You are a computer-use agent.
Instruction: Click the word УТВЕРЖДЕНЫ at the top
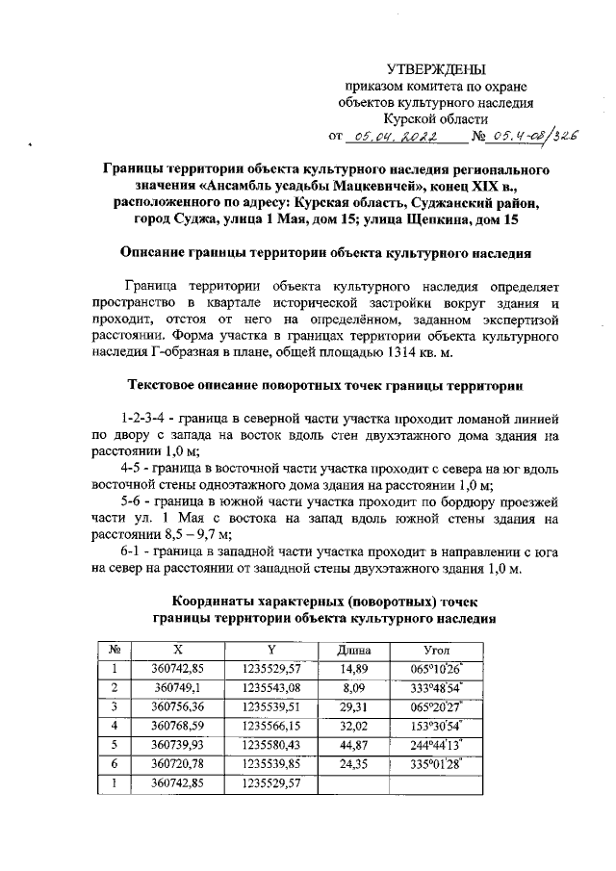(436, 69)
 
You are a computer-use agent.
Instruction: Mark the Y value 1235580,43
(271, 744)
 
